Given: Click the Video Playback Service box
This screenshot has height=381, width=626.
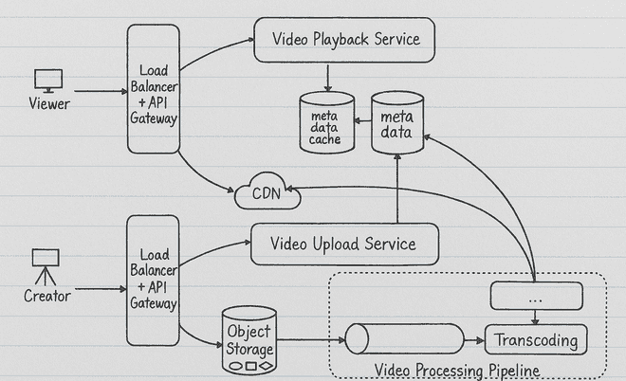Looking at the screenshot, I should pyautogui.click(x=345, y=40).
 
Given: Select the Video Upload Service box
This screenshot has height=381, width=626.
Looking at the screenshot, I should pyautogui.click(x=344, y=245).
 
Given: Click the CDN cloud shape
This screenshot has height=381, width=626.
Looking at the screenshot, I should pyautogui.click(x=266, y=195).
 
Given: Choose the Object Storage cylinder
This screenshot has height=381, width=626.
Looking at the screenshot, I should pyautogui.click(x=249, y=339).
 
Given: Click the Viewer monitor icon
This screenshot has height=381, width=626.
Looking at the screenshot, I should pyautogui.click(x=47, y=81).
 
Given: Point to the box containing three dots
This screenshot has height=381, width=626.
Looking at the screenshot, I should pyautogui.click(x=536, y=297).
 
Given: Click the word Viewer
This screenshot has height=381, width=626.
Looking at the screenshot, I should pyautogui.click(x=49, y=104).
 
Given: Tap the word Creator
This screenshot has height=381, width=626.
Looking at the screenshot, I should pyautogui.click(x=47, y=296).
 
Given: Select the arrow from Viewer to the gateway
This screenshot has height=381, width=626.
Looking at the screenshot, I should pyautogui.click(x=99, y=92).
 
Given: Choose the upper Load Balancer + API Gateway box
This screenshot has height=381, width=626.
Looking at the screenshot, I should pyautogui.click(x=154, y=91).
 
